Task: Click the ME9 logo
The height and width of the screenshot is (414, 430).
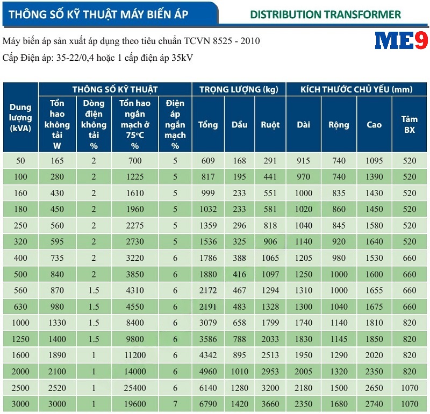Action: pyautogui.click(x=400, y=41)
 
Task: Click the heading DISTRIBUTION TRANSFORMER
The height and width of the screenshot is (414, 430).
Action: pyautogui.click(x=325, y=15)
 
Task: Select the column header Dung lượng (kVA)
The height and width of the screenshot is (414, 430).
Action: pyautogui.click(x=20, y=117)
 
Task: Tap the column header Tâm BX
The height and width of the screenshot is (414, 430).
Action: pyautogui.click(x=410, y=125)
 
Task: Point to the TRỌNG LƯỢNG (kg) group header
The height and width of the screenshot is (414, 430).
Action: pyautogui.click(x=238, y=90)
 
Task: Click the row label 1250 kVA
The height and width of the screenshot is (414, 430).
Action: pyautogui.click(x=20, y=339)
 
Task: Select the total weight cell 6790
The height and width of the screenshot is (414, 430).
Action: pyautogui.click(x=207, y=404)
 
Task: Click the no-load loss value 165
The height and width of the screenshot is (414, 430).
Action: pyautogui.click(x=58, y=161)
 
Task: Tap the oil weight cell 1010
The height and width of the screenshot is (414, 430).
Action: pyautogui.click(x=239, y=372)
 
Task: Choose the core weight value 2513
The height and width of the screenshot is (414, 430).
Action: pyautogui.click(x=270, y=355)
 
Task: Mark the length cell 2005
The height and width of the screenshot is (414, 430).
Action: pyautogui.click(x=303, y=372)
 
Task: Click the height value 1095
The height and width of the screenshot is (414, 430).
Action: pyautogui.click(x=374, y=161)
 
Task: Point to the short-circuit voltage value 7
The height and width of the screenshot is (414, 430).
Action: pyautogui.click(x=175, y=404)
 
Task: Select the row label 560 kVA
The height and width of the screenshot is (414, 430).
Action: pyautogui.click(x=20, y=290)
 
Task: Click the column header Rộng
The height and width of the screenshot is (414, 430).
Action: pyautogui.click(x=339, y=125)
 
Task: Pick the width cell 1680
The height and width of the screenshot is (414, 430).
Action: pyautogui.click(x=339, y=404)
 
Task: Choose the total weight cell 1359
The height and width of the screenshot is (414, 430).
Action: pyautogui.click(x=207, y=226)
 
